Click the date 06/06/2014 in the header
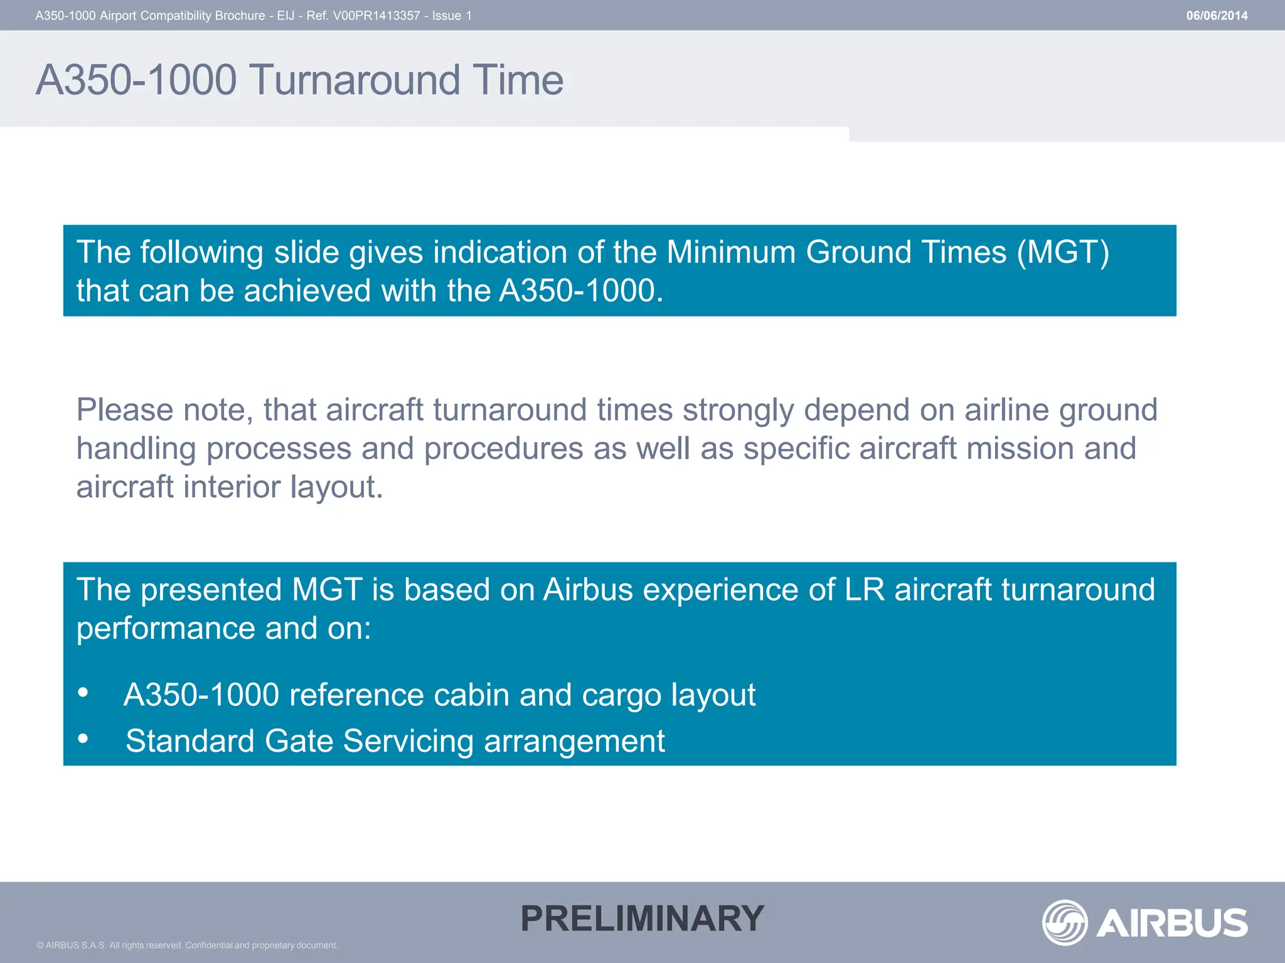1216,16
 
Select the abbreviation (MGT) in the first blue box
1063,253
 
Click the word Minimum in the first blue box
730,253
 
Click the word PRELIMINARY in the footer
642,918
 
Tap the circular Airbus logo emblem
1065,922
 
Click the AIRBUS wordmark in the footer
1172,923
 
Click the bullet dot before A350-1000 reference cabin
83,692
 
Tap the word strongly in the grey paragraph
738,410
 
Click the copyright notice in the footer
187,945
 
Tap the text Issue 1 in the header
452,16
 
